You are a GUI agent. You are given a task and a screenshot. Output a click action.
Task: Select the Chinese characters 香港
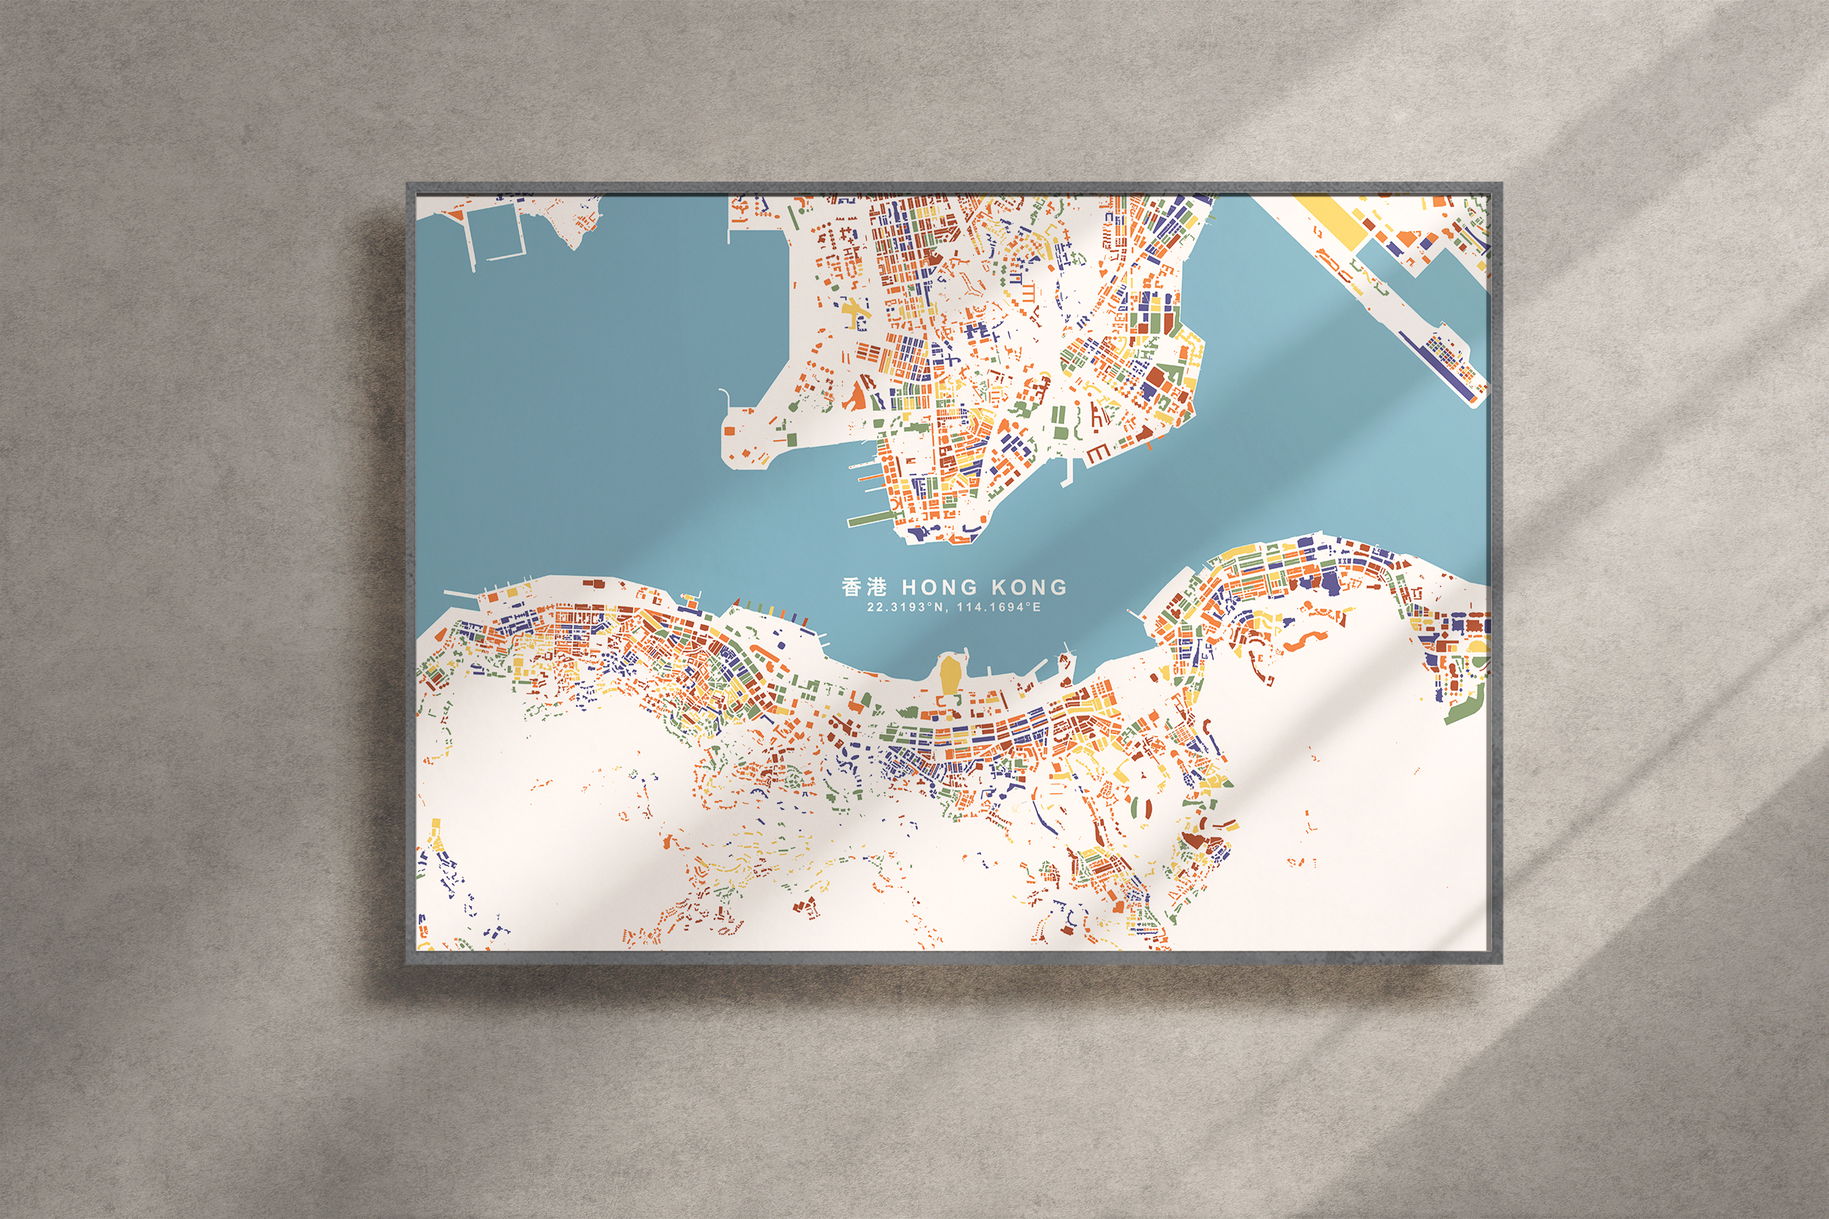point(863,586)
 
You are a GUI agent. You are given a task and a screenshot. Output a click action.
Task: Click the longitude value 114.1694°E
point(999,607)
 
